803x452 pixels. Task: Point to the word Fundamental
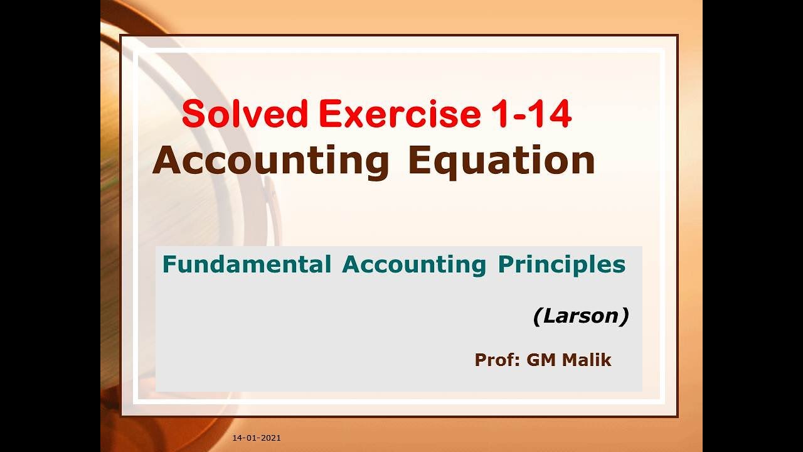(247, 265)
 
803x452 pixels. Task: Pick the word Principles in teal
(561, 265)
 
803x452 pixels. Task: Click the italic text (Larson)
(581, 316)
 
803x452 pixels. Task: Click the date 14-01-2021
(256, 438)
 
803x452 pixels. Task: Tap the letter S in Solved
(194, 115)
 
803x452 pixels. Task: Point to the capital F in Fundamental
(168, 265)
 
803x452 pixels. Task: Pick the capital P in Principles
(505, 265)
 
